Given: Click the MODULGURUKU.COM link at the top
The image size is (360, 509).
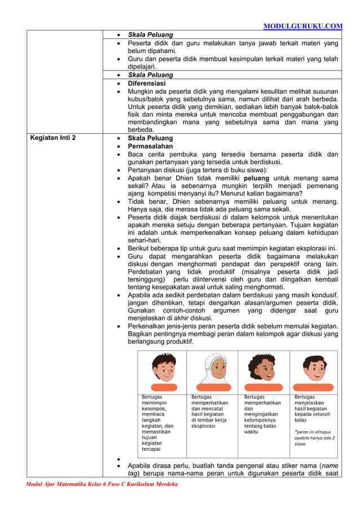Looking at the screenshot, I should coord(303,26).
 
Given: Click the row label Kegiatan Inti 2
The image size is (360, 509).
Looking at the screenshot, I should coord(53,138).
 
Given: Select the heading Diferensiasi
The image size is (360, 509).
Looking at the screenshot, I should coord(147,83).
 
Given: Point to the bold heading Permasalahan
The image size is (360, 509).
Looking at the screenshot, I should coord(152,146).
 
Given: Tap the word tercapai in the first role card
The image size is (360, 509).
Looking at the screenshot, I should coord(152,449).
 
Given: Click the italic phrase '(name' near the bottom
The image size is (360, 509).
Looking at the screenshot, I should coord(329,466).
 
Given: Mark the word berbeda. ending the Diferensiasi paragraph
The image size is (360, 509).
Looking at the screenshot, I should coord(141,130).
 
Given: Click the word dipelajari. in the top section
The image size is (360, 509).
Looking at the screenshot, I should coord(143,67).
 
